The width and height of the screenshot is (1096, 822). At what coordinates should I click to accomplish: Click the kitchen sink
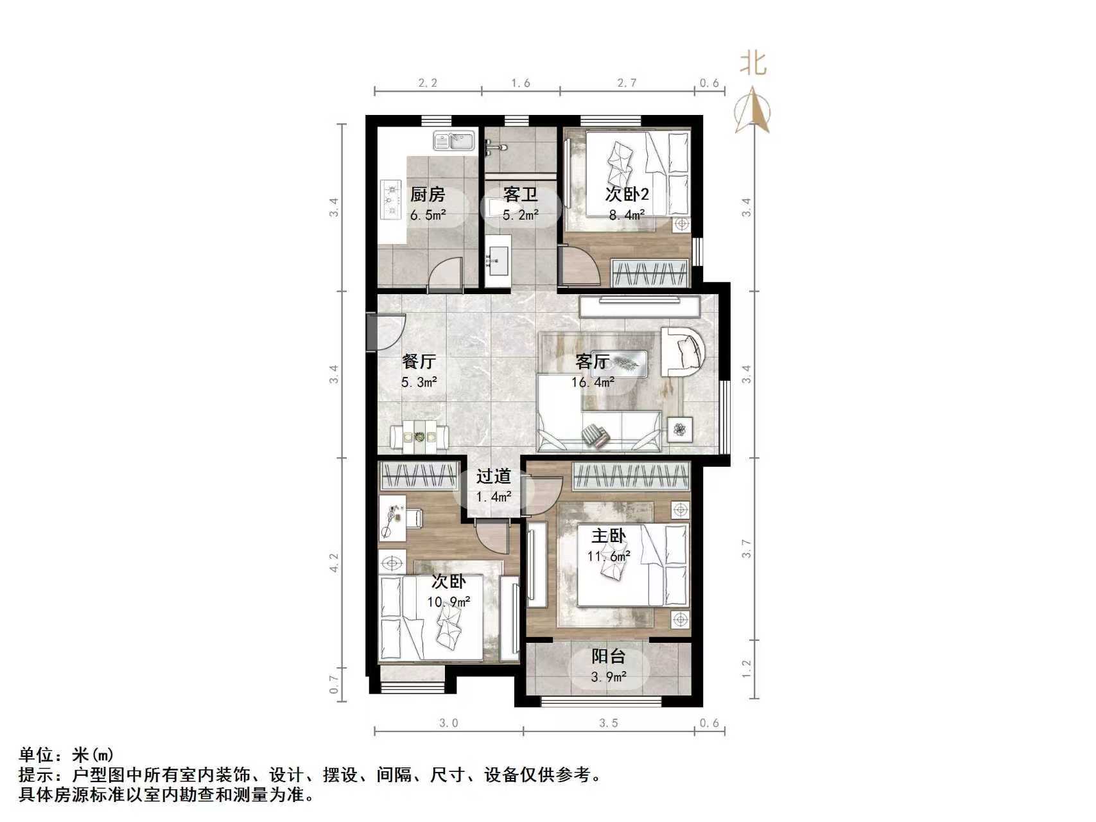pos(454,141)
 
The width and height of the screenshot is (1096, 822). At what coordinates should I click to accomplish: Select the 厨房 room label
pos(428,194)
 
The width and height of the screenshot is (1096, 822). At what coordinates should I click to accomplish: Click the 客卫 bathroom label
pos(520,194)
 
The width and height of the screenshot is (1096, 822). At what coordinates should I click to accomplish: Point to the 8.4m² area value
pos(627,215)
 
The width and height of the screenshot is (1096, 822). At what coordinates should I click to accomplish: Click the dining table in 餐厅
pos(419,437)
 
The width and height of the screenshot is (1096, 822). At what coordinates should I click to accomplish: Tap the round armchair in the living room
pos(684,351)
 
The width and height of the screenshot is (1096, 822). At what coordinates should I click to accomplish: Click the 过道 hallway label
pos(494,477)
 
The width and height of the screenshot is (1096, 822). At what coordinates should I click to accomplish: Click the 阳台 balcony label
pos(608,657)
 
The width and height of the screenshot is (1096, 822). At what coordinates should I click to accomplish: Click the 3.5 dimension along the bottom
pos(609,723)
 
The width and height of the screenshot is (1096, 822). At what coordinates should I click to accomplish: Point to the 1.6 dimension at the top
pos(521,83)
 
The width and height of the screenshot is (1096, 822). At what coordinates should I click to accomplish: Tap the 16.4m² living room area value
pos(593,383)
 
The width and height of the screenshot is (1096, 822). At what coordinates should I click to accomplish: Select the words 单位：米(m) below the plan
pos(67,755)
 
